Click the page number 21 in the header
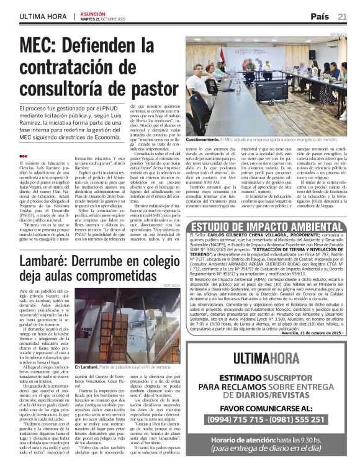coord(343,16)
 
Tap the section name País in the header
coord(320,16)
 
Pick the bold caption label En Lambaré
coord(88,367)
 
